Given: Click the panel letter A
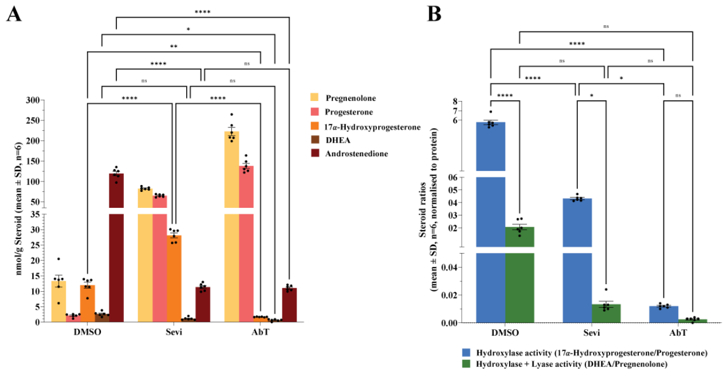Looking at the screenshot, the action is (14, 14).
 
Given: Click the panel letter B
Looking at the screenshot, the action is (434, 14).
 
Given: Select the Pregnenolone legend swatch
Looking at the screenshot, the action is (315, 97).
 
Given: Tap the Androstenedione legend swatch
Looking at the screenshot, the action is (315, 153).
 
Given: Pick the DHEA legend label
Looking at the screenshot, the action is (338, 140).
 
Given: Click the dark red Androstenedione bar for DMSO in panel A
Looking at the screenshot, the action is (116, 248).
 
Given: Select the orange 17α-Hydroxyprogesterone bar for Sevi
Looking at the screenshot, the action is (174, 279).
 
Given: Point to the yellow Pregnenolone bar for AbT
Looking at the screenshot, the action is (232, 227).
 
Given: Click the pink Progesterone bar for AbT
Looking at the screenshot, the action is (246, 244).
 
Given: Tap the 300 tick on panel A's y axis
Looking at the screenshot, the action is (33, 100).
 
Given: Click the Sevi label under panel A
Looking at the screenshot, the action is (174, 332).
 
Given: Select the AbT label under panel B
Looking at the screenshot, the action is (678, 333).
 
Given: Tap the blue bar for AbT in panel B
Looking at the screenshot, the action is (664, 314).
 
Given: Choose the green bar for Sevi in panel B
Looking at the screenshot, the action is (606, 314).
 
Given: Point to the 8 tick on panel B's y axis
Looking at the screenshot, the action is (455, 102).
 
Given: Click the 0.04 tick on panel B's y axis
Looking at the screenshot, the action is (449, 268).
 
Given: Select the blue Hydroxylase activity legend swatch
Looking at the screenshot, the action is (466, 353).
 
